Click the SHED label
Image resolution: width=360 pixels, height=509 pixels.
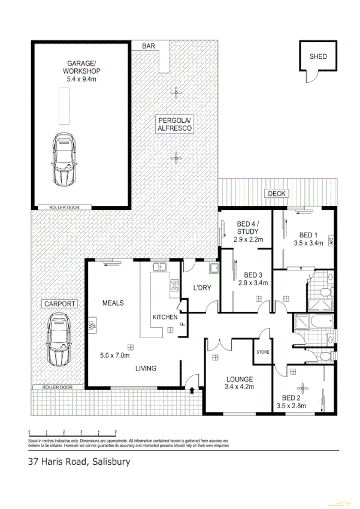[318, 56]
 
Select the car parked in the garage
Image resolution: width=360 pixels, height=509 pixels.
[63, 158]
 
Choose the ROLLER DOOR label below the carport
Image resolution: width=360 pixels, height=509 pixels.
[58, 387]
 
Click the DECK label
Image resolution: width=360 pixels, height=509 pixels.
[277, 193]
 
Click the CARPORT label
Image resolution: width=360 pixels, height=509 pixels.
[59, 304]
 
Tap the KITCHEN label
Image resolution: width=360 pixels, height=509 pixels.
[165, 317]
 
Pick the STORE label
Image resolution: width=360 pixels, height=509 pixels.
[263, 352]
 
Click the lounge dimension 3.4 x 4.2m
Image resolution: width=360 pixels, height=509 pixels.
[239, 387]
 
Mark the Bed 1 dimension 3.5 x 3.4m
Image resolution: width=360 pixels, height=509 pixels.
[308, 243]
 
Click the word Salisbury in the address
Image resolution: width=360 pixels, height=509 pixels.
[111, 462]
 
